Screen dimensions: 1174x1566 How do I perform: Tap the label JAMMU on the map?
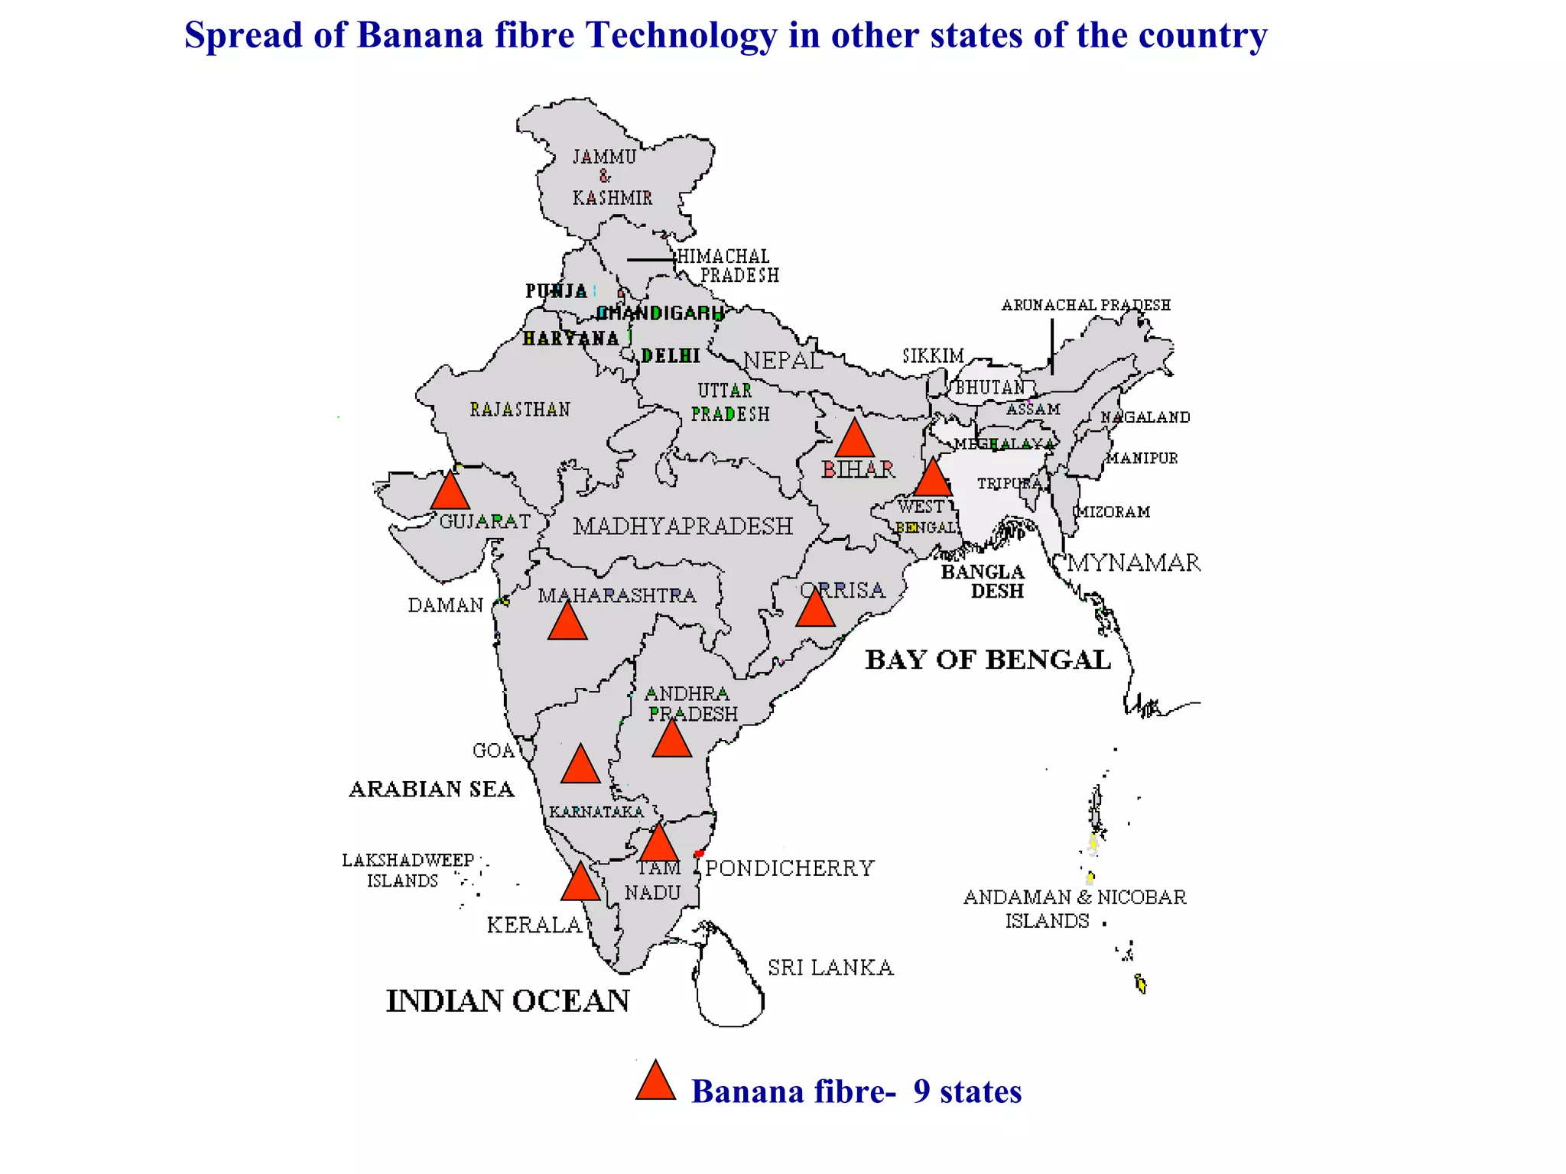(604, 157)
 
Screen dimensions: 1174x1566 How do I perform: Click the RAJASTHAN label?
(520, 410)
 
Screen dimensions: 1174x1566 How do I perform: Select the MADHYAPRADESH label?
(683, 526)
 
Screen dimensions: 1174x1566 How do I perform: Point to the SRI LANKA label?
(830, 968)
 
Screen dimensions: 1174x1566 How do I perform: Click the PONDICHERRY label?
(789, 868)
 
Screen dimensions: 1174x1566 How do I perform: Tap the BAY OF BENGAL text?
(987, 660)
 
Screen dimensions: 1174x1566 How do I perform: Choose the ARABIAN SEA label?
(431, 789)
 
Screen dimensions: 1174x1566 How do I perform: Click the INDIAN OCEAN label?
(508, 1000)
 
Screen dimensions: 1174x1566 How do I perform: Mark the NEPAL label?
(784, 360)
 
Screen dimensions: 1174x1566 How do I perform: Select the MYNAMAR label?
(1134, 563)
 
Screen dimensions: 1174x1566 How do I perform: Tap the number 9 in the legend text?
(921, 1091)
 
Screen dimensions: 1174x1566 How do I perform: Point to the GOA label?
(493, 751)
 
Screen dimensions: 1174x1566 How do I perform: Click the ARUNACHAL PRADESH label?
(1086, 305)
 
